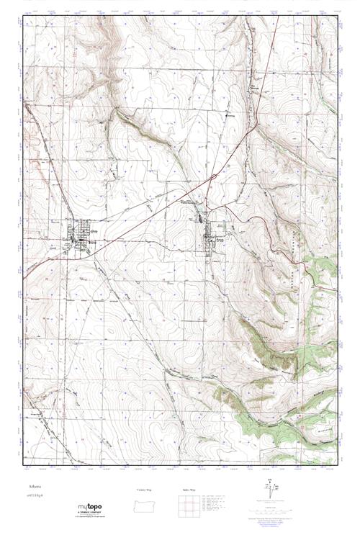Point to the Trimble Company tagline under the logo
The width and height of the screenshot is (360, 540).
pyautogui.click(x=94, y=516)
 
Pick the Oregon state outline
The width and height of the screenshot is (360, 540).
pyautogui.click(x=146, y=505)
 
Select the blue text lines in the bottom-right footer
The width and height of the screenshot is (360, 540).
pyautogui.click(x=274, y=516)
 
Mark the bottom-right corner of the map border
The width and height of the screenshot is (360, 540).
pyautogui.click(x=337, y=466)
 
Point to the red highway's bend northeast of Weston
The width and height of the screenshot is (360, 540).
pyautogui.click(x=256, y=124)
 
